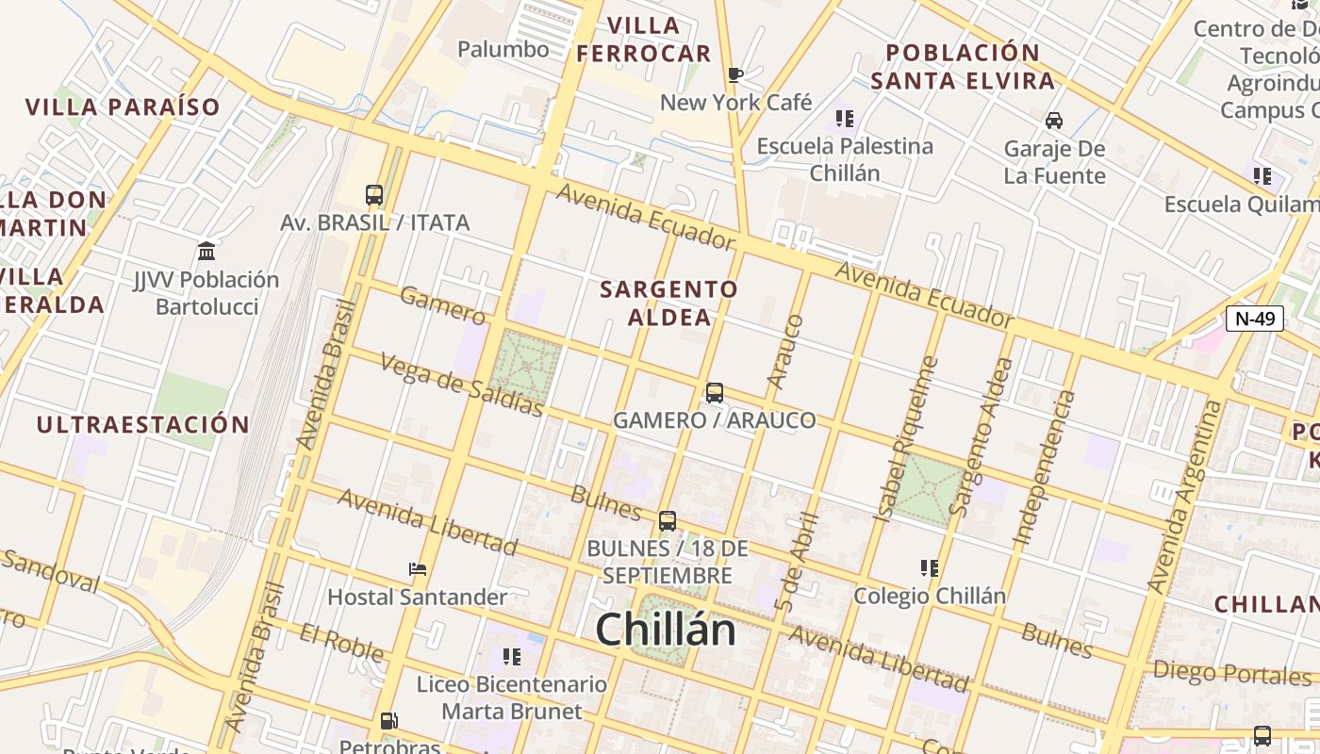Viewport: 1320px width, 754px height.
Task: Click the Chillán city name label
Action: (665, 630)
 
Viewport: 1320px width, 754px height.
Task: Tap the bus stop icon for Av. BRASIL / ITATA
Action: (374, 195)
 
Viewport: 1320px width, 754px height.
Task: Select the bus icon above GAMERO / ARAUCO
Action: (715, 393)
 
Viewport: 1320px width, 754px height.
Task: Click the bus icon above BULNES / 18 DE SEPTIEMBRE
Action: (668, 520)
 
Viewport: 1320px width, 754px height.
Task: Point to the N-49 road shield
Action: (1255, 319)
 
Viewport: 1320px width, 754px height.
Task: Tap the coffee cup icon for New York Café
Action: (736, 74)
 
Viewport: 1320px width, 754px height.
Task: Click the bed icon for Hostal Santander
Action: (418, 568)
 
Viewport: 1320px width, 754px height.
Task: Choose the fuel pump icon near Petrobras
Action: (388, 721)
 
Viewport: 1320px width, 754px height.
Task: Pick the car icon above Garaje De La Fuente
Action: (1054, 120)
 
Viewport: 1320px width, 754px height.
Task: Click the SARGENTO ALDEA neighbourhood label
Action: (669, 303)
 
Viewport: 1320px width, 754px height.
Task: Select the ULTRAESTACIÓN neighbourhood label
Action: (142, 425)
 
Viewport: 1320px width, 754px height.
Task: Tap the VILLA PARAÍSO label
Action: (123, 107)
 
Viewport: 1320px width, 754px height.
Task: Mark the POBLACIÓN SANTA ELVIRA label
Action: (963, 66)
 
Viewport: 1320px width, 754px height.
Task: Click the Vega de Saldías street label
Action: (462, 384)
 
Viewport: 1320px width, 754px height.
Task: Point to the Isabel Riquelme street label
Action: (906, 438)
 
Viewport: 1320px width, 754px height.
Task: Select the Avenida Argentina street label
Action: (1185, 497)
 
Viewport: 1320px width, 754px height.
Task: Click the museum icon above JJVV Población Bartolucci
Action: (206, 252)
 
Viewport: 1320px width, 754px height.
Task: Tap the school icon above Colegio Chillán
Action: (930, 568)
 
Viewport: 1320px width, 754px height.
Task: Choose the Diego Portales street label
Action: (1231, 674)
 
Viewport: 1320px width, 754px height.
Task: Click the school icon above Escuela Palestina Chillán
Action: (845, 119)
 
